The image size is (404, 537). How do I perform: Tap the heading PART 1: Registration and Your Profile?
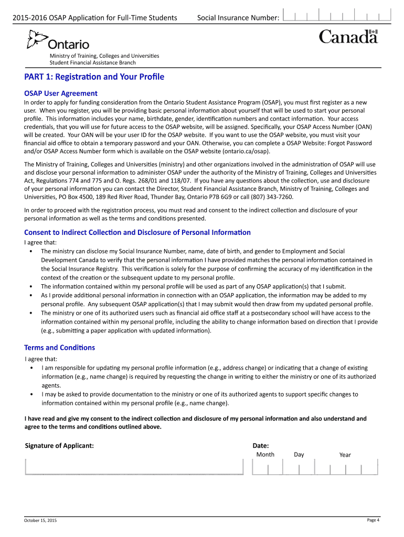click(x=94, y=77)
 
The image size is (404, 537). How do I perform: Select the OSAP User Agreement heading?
click(x=61, y=93)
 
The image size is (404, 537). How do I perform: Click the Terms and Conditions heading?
click(x=60, y=348)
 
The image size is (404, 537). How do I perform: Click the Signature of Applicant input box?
click(x=134, y=466)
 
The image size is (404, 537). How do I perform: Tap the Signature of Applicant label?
click(x=60, y=446)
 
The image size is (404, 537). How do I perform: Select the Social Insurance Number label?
click(x=238, y=18)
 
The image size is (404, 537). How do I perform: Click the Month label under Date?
click(x=265, y=455)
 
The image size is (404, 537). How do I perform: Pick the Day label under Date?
click(x=299, y=455)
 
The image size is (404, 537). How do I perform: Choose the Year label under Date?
click(x=345, y=455)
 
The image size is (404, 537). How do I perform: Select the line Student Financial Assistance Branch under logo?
click(x=92, y=63)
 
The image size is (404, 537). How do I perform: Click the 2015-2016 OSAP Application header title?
click(x=91, y=18)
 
